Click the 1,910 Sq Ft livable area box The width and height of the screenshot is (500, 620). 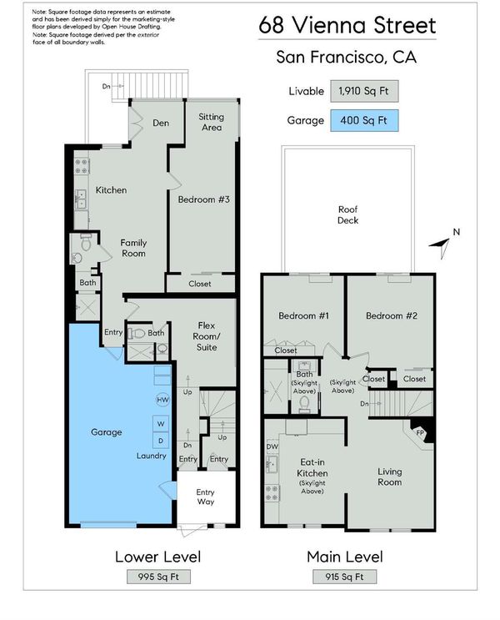click(364, 91)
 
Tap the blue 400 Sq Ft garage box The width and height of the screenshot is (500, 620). click(364, 120)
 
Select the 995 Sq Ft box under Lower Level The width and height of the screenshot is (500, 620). click(158, 577)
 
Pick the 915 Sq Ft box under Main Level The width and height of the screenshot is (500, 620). click(344, 577)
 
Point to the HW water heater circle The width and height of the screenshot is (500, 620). click(162, 400)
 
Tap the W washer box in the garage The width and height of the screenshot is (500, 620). click(161, 424)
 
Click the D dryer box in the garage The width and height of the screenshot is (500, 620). click(161, 441)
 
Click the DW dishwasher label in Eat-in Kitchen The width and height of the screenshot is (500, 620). click(272, 446)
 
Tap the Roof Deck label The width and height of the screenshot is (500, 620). click(347, 214)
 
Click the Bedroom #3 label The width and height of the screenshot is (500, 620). click(203, 199)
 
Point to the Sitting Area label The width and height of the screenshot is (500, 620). click(212, 122)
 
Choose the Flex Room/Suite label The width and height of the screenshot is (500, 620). click(207, 336)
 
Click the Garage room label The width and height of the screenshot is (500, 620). click(106, 432)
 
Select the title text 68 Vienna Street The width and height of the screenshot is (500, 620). click(347, 25)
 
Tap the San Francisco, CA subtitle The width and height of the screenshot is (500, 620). click(347, 57)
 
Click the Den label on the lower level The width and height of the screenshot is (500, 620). click(161, 123)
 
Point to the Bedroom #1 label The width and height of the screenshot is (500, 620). click(303, 315)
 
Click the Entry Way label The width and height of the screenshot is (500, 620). click(205, 497)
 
